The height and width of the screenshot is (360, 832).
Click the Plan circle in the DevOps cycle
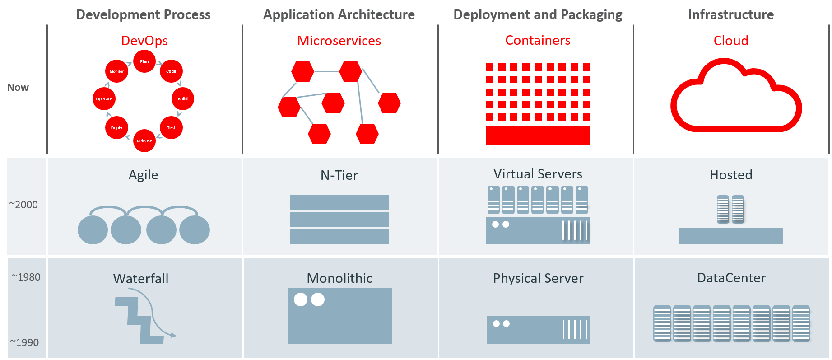(x=144, y=61)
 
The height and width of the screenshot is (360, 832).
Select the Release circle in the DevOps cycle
(x=144, y=141)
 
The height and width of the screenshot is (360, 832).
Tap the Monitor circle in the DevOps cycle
(x=116, y=71)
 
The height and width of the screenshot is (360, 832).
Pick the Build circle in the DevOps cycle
(x=183, y=99)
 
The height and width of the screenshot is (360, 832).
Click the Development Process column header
(x=143, y=14)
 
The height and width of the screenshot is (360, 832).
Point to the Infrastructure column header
(x=730, y=14)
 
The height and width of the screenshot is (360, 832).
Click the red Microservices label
(x=339, y=41)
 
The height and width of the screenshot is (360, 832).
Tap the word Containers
(x=538, y=40)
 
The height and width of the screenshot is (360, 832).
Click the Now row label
(x=18, y=88)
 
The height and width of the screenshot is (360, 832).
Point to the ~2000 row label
(x=23, y=205)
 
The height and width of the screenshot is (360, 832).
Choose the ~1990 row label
(x=25, y=342)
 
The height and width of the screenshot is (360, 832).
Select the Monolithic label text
(x=339, y=278)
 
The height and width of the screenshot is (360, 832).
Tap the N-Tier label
(x=339, y=175)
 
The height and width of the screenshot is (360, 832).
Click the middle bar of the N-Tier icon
(x=339, y=220)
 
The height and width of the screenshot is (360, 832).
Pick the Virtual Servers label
(x=538, y=174)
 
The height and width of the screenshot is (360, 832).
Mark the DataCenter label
(x=731, y=278)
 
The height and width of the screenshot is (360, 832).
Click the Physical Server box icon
(x=538, y=330)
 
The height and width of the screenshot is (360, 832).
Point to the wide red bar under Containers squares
(x=538, y=136)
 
